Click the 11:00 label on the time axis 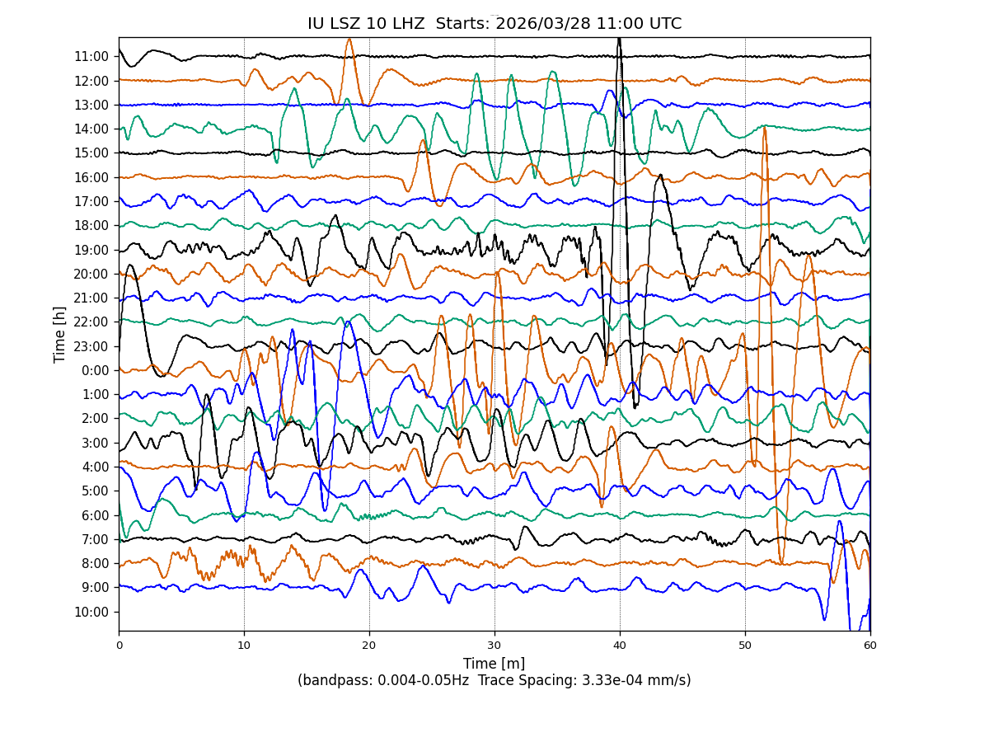click(91, 57)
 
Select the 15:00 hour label click(91, 153)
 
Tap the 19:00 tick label click(91, 250)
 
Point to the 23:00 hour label click(91, 346)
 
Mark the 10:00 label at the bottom click(91, 612)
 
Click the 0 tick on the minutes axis click(119, 646)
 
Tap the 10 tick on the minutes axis click(244, 646)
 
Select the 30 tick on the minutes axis click(494, 646)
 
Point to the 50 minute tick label click(745, 646)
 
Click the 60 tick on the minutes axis click(870, 646)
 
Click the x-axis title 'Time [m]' click(494, 664)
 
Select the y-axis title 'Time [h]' click(59, 334)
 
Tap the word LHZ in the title click(404, 24)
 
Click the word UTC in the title click(663, 24)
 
